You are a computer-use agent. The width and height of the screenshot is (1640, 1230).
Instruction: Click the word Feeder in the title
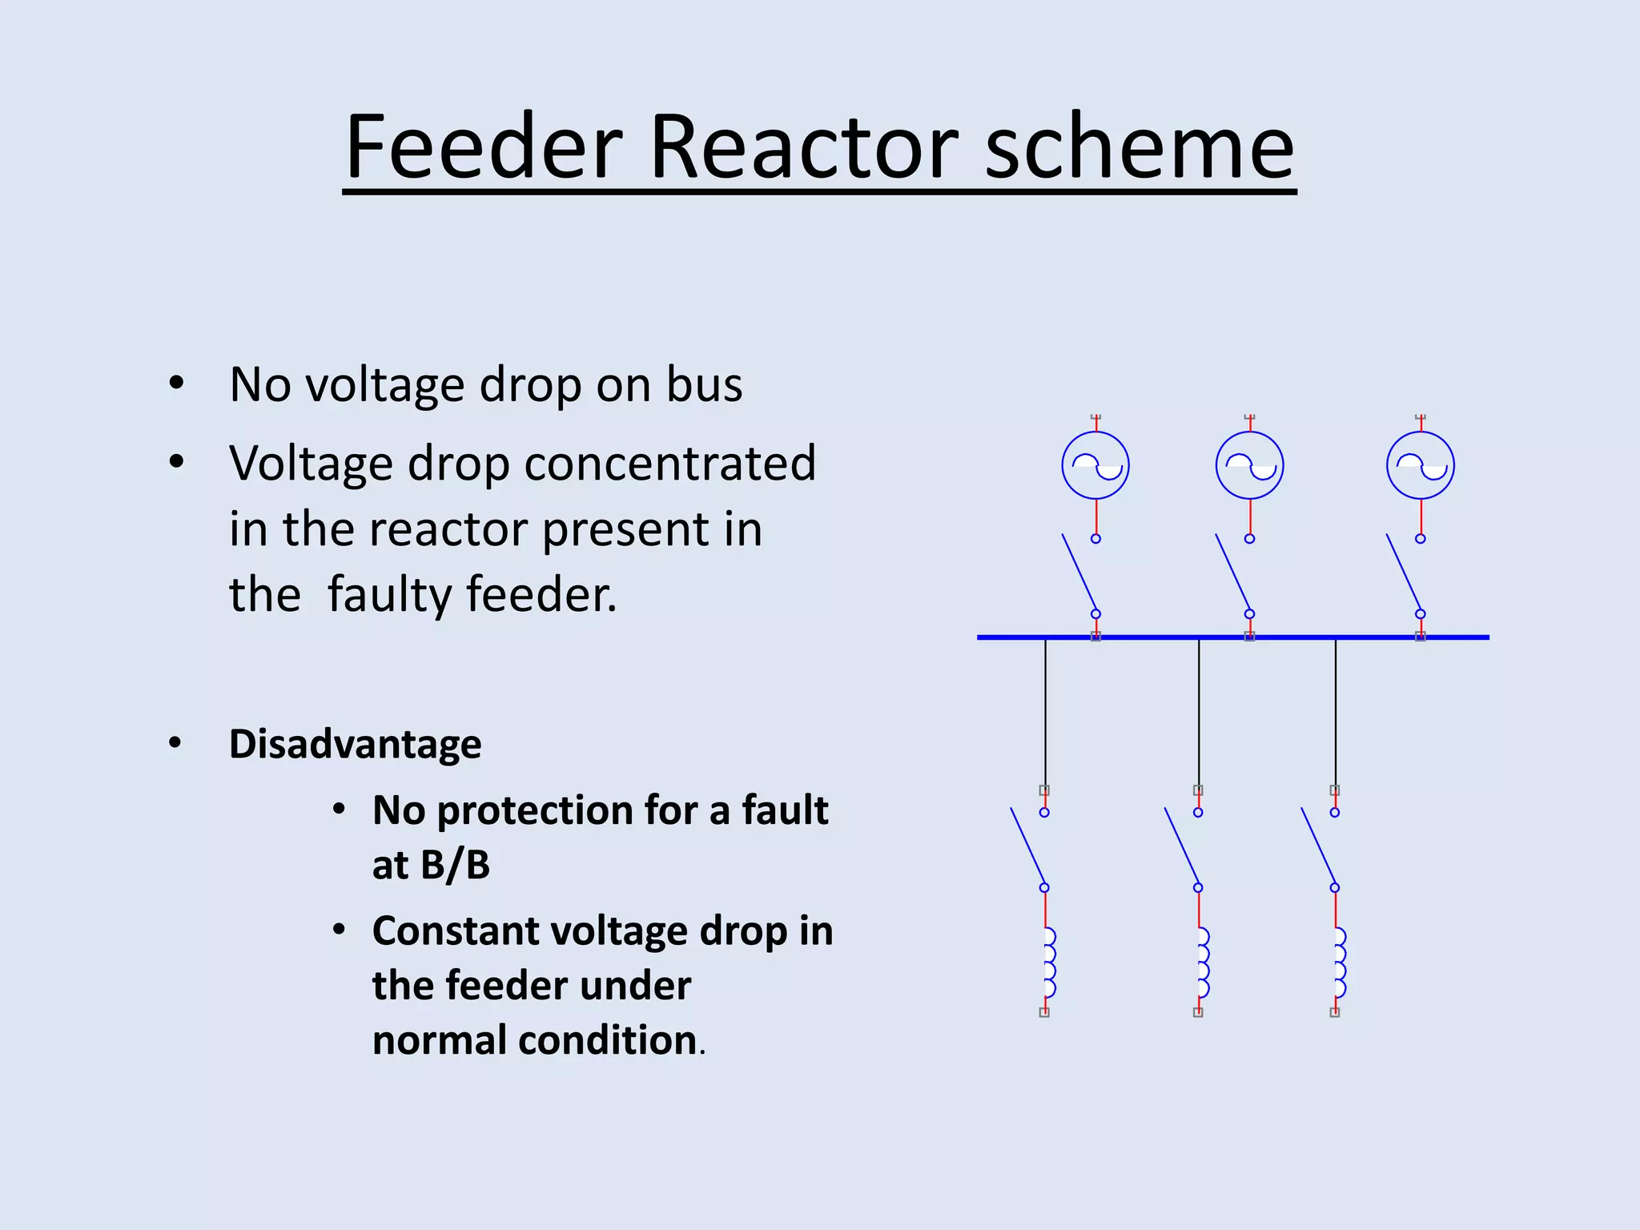tap(484, 147)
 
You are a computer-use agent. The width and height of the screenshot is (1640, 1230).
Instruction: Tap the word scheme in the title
tap(1138, 147)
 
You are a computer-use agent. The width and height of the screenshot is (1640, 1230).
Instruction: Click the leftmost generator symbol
tap(1095, 465)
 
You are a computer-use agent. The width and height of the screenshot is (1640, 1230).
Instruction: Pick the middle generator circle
tap(1249, 465)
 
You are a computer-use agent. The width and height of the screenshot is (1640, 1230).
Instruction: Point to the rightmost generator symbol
tap(1421, 465)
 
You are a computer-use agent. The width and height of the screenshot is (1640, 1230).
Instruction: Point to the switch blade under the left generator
tap(1079, 573)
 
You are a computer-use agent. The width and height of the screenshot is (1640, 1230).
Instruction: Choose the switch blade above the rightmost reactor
tap(1318, 847)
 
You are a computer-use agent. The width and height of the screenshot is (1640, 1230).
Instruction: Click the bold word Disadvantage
tap(355, 744)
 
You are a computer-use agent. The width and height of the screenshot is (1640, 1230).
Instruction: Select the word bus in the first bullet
tap(705, 384)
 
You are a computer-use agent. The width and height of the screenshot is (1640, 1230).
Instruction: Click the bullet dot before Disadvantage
tap(175, 743)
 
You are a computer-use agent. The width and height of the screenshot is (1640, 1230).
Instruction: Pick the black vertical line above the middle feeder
tap(1199, 713)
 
